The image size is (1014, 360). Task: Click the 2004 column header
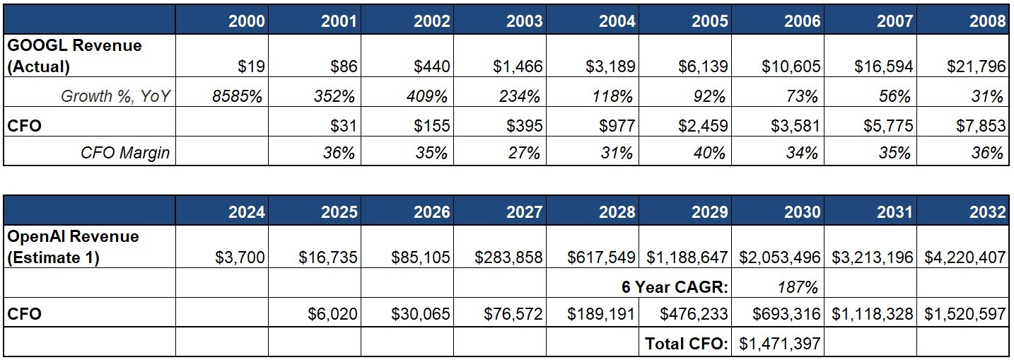coord(617,21)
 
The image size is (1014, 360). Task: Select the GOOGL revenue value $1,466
coord(518,66)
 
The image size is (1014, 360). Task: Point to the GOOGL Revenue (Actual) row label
coord(74,55)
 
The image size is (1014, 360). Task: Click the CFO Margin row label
coord(125,152)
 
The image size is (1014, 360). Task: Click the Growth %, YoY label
coord(116,96)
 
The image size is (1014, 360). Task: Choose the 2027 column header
coord(524,211)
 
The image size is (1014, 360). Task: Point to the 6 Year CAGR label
coord(675,287)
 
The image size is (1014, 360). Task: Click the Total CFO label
coord(686,344)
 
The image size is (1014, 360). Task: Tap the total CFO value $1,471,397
coord(780,344)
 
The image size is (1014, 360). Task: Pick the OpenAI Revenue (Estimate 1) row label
coord(73,246)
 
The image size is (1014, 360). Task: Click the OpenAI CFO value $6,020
coord(333,313)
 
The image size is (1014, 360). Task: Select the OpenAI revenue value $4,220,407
coord(965,257)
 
